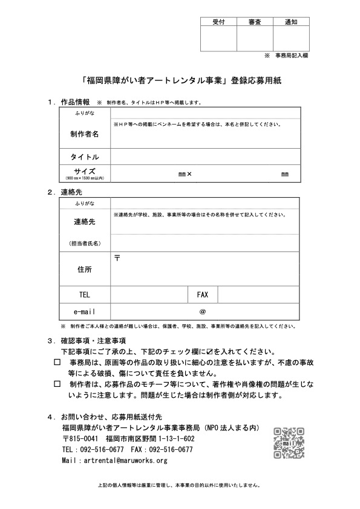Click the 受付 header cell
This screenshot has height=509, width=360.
click(x=218, y=21)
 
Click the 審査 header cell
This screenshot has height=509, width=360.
click(x=255, y=21)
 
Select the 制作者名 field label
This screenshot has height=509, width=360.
click(x=85, y=134)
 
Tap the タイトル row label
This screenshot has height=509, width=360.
click(x=85, y=157)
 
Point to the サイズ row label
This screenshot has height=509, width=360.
click(x=85, y=172)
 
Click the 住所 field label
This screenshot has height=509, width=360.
click(x=85, y=268)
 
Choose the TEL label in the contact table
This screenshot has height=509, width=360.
click(x=85, y=294)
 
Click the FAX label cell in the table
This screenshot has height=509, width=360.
click(x=203, y=294)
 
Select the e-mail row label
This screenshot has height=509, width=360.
click(x=85, y=311)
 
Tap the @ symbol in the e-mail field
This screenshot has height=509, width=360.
click(x=203, y=311)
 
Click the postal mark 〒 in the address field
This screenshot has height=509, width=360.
click(x=117, y=258)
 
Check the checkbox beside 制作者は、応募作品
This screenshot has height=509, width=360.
click(x=57, y=384)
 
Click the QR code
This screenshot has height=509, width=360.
click(x=288, y=443)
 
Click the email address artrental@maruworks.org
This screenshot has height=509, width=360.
click(x=114, y=461)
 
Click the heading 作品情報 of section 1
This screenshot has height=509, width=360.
click(x=75, y=102)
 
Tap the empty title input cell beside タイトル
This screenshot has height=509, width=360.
click(x=205, y=157)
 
